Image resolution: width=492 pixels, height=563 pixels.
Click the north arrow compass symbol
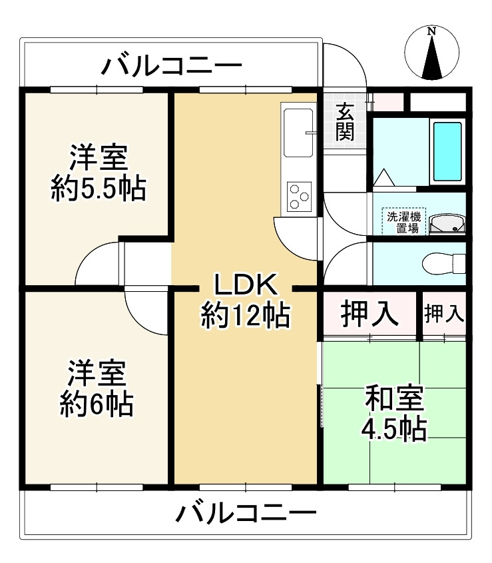click(x=431, y=53)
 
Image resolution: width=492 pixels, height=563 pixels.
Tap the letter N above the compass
click(x=431, y=31)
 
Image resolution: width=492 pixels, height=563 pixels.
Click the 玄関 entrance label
click(x=345, y=121)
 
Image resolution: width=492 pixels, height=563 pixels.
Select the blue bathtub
click(x=447, y=151)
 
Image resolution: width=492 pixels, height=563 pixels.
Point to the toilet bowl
click(x=443, y=264)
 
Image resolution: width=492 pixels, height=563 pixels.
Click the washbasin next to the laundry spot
click(x=447, y=224)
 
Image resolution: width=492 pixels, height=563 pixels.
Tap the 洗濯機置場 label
click(x=403, y=223)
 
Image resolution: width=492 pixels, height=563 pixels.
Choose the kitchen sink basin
click(x=298, y=133)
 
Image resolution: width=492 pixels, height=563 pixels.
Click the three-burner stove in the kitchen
click(x=299, y=197)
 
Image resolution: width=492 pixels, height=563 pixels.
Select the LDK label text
click(x=246, y=284)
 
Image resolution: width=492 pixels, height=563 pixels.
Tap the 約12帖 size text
click(x=246, y=315)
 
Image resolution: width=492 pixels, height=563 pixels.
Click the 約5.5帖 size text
click(x=98, y=189)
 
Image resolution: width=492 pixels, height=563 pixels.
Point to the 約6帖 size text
click(x=97, y=404)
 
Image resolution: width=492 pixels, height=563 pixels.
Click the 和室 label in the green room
click(x=394, y=398)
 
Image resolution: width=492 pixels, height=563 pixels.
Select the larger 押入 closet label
click(x=369, y=314)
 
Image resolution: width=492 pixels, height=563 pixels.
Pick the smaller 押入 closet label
click(x=444, y=314)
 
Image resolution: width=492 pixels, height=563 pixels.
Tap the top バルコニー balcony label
click(x=172, y=66)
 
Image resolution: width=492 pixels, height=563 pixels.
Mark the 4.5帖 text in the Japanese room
click(x=394, y=428)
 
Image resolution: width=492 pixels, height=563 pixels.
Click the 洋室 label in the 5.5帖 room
click(x=99, y=157)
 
